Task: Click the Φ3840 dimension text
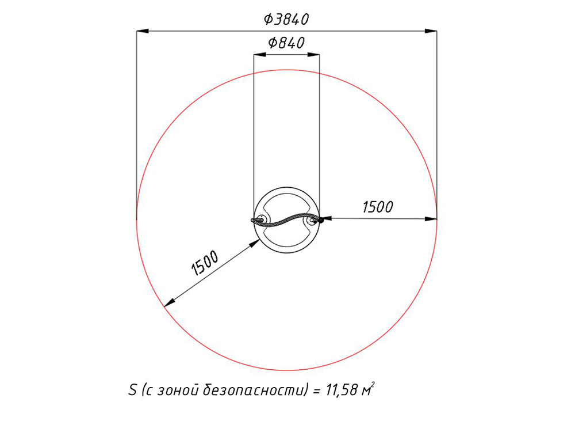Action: click(286, 19)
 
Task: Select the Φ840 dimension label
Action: click(286, 43)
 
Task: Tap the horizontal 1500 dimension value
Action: click(378, 207)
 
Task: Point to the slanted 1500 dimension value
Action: click(205, 263)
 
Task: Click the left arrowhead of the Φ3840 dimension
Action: click(143, 31)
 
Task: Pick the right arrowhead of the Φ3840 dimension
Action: click(431, 31)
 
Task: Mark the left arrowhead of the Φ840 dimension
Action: click(260, 55)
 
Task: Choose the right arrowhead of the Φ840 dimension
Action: click(313, 55)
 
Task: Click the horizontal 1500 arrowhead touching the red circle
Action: click(431, 219)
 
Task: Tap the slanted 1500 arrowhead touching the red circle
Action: click(169, 303)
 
